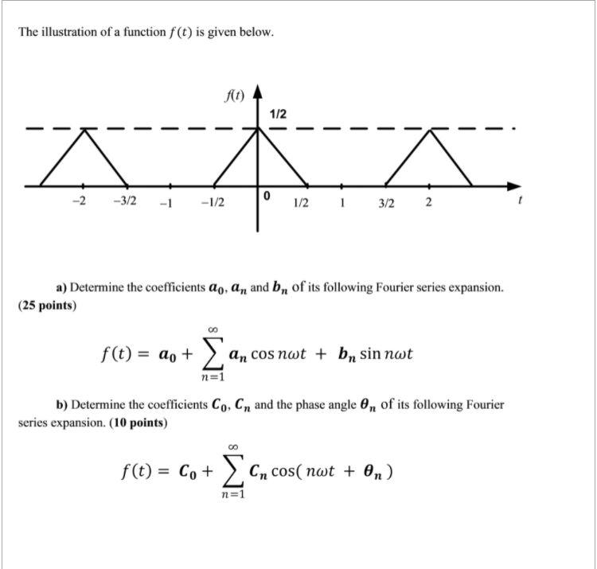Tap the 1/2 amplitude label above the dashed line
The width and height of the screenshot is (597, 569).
click(x=278, y=115)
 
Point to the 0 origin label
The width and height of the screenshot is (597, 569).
click(x=267, y=196)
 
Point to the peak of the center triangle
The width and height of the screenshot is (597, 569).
click(x=257, y=128)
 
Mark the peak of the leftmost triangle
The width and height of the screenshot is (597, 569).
click(x=84, y=128)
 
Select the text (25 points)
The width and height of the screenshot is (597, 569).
click(x=46, y=305)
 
